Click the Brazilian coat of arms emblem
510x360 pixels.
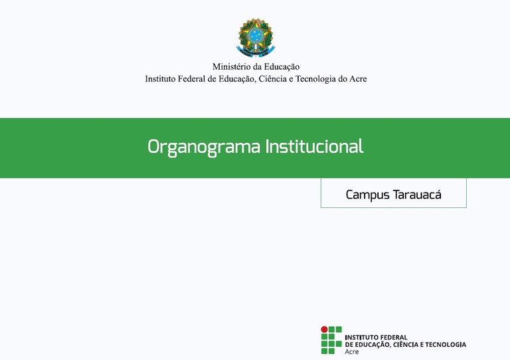256,37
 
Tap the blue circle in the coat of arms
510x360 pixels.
256,35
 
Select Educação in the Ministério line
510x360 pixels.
282,67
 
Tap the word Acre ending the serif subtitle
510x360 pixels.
358,79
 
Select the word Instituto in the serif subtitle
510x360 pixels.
160,79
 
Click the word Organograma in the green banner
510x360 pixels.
204,147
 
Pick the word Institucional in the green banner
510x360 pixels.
314,146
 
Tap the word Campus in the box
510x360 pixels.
367,195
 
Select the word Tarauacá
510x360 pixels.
417,195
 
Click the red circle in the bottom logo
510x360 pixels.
324,329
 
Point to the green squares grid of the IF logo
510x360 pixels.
331,340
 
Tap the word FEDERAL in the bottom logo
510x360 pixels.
394,337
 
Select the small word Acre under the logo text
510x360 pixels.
352,352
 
